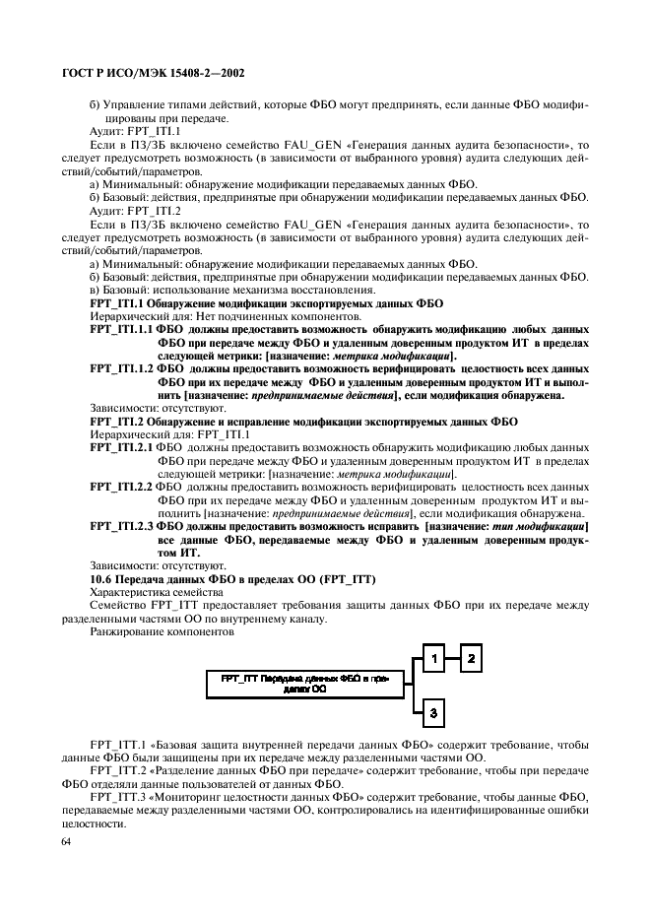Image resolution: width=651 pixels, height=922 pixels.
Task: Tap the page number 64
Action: (67, 841)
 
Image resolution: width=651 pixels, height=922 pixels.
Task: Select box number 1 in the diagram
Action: (432, 657)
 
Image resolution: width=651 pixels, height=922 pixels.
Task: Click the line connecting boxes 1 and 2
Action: (453, 657)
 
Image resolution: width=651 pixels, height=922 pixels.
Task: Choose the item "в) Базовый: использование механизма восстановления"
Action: (231, 290)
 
